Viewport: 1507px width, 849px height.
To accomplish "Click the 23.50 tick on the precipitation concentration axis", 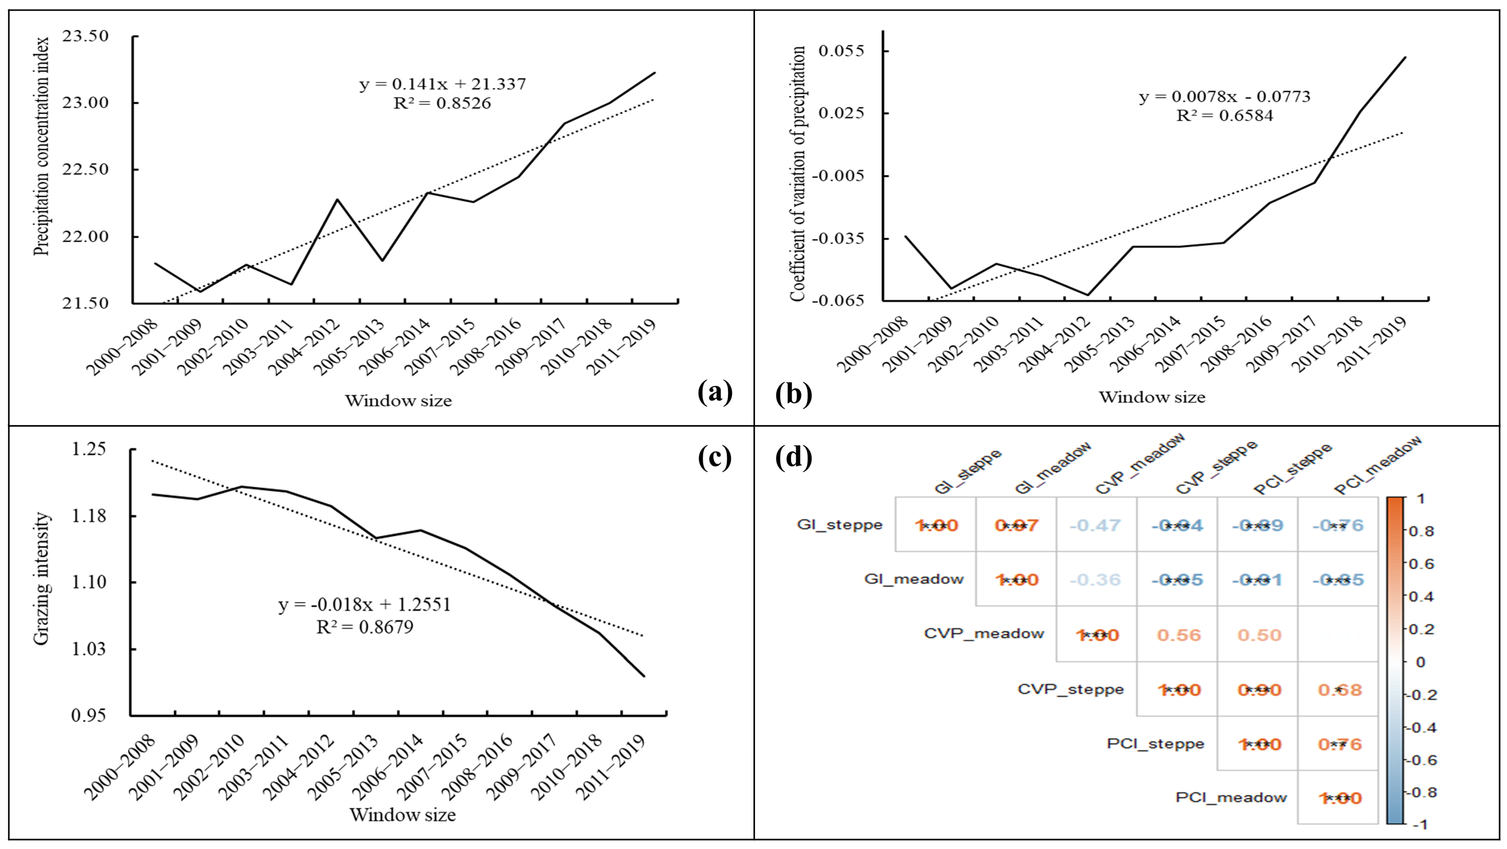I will tap(85, 36).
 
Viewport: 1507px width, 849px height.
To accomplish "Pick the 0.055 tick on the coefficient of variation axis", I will tap(841, 51).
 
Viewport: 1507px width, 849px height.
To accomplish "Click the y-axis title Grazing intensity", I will tap(41, 579).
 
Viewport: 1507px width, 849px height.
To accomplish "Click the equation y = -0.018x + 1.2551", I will tap(365, 605).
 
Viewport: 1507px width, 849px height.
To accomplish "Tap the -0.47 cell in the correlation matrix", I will tap(1096, 525).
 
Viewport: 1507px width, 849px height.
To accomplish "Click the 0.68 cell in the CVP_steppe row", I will tap(1340, 690).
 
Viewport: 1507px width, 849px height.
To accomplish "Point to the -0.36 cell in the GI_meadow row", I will tap(1096, 580).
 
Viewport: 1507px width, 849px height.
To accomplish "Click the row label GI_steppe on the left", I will tap(839, 525).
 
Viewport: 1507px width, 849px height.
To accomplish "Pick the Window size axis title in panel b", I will tap(1152, 398).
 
